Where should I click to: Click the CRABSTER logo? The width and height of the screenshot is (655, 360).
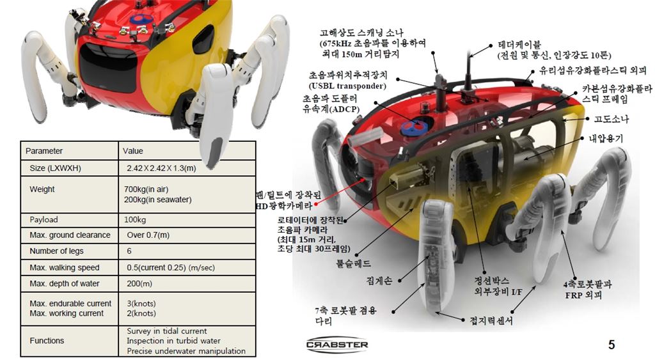pyautogui.click(x=337, y=345)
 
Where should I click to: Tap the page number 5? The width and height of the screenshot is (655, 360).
pyautogui.click(x=611, y=345)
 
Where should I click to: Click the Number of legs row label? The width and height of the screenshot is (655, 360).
pyautogui.click(x=56, y=251)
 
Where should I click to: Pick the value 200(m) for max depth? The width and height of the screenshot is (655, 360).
pyautogui.click(x=139, y=283)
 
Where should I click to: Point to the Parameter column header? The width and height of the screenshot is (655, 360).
pyautogui.click(x=44, y=151)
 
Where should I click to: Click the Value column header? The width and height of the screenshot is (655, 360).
pyautogui.click(x=133, y=151)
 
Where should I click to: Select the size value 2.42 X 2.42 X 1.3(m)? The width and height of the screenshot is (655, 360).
pyautogui.click(x=161, y=168)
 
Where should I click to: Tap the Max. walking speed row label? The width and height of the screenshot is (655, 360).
pyautogui.click(x=65, y=268)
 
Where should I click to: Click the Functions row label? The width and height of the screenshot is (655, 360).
pyautogui.click(x=47, y=341)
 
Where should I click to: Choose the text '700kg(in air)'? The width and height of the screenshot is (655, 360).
pyautogui.click(x=146, y=189)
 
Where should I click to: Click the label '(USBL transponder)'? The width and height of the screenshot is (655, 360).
pyautogui.click(x=347, y=86)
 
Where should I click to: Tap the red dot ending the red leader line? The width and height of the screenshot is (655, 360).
pyautogui.click(x=316, y=205)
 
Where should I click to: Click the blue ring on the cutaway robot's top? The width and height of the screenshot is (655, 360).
pyautogui.click(x=413, y=127)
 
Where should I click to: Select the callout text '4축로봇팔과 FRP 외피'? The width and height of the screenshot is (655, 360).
pyautogui.click(x=587, y=290)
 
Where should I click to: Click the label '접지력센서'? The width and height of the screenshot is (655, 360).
pyautogui.click(x=491, y=321)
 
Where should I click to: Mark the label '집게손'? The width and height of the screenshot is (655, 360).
pyautogui.click(x=379, y=281)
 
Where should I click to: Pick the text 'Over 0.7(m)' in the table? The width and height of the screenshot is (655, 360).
pyautogui.click(x=148, y=235)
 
